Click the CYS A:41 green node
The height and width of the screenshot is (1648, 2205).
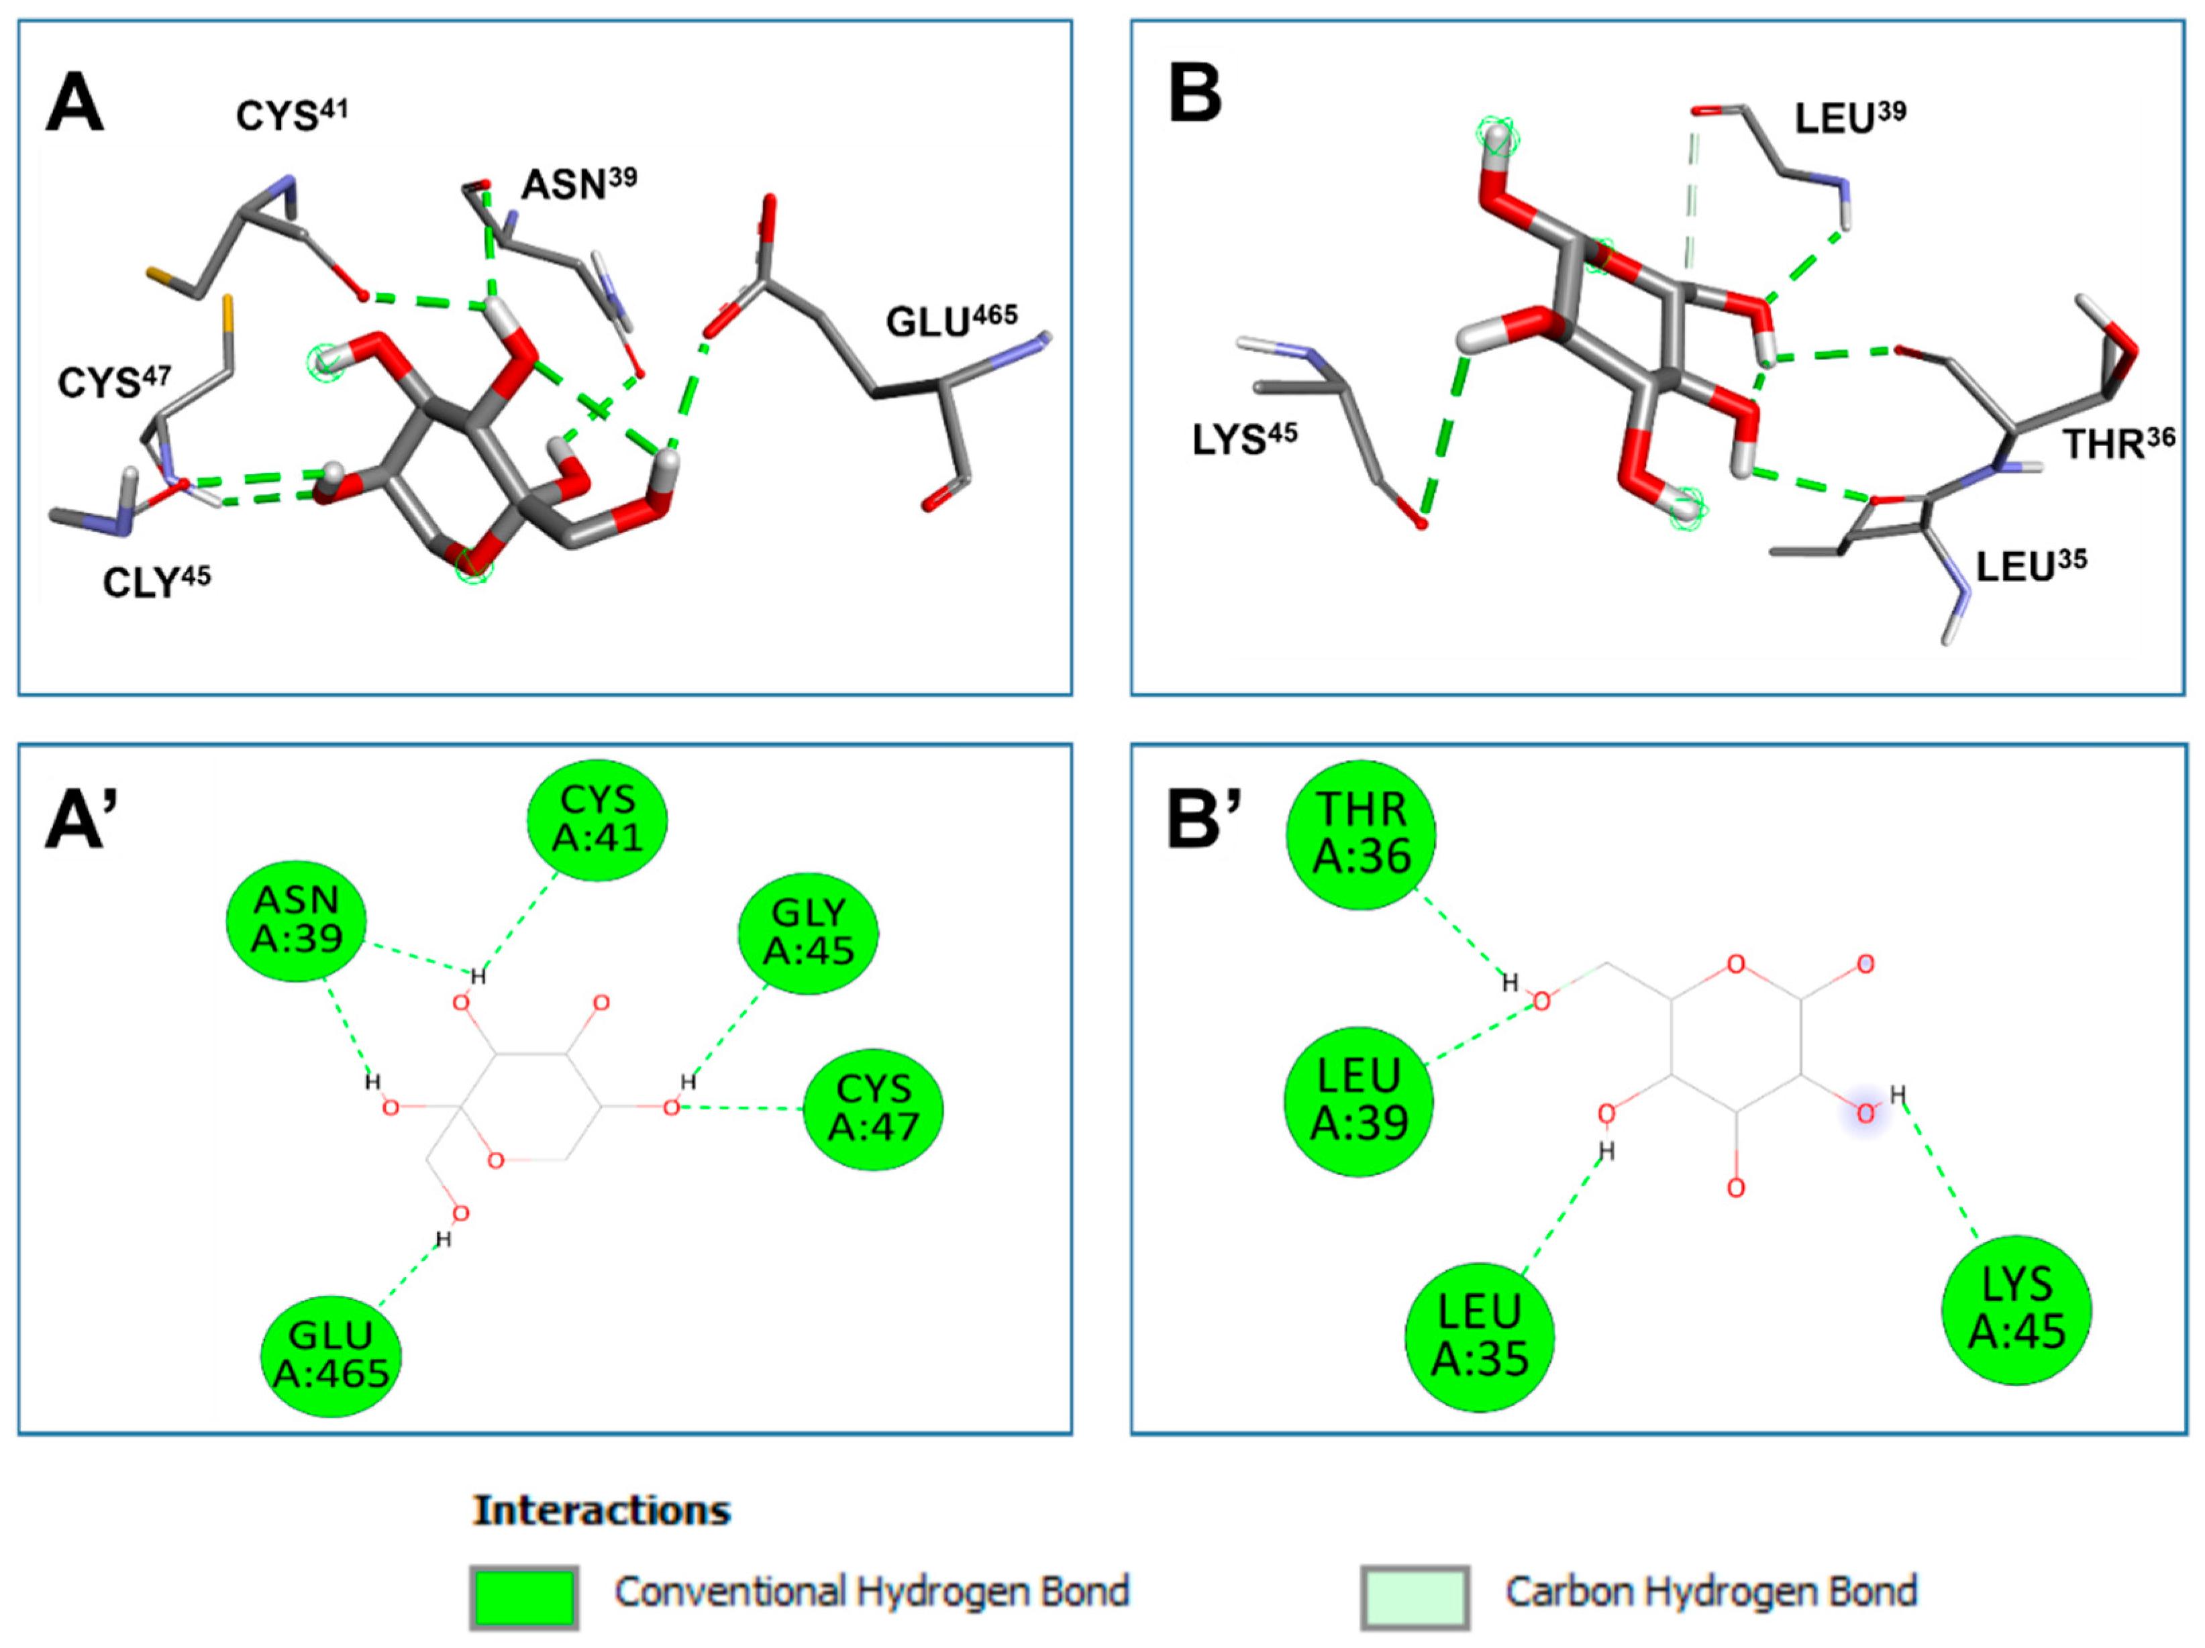[x=597, y=819]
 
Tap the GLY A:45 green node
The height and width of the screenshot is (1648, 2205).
[x=809, y=932]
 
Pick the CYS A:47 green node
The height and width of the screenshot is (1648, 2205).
[x=873, y=1109]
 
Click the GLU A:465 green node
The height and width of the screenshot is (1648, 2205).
[x=331, y=1355]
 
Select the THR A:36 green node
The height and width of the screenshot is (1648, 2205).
[x=1362, y=835]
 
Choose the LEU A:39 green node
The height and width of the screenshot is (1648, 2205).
[x=1360, y=1101]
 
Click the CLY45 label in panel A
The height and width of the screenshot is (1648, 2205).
[x=156, y=581]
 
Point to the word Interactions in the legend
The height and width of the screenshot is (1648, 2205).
[x=602, y=1510]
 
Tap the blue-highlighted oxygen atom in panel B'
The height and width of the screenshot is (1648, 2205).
[x=1865, y=1115]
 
